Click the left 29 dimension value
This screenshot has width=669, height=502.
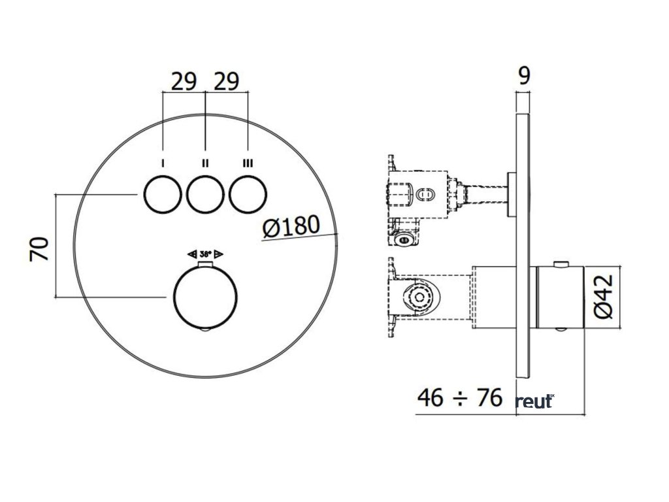184,82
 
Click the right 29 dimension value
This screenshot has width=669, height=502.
227,82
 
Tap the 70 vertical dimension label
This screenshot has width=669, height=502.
39,249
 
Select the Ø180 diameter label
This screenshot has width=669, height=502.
291,227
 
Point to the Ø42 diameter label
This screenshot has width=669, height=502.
603,297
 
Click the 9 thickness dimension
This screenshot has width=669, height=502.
523,76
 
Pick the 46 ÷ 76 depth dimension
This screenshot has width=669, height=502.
460,398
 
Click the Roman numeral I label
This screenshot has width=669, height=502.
163,163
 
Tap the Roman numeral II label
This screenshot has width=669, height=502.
205,163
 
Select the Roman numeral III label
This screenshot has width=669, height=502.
248,163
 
